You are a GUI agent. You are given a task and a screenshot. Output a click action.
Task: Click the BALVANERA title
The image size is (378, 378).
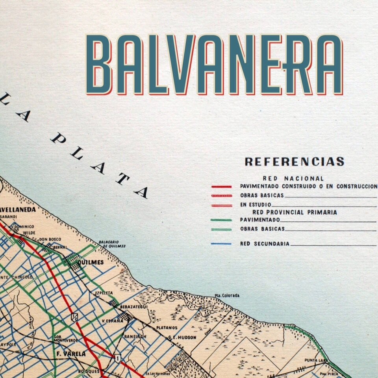point(215,65)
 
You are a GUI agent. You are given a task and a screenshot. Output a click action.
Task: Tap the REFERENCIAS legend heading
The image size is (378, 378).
point(295,161)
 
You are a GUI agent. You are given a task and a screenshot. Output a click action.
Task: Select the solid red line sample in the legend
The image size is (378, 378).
point(221,186)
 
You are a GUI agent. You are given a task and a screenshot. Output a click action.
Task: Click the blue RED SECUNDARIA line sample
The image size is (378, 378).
point(221,244)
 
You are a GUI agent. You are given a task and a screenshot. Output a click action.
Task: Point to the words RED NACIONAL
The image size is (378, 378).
point(293,178)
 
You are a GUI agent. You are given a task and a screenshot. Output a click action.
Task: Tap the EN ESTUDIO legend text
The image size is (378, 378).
point(256,205)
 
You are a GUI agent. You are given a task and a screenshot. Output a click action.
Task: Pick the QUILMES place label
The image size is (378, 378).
point(91,262)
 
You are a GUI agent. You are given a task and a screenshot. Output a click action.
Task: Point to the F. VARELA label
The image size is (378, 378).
point(71,354)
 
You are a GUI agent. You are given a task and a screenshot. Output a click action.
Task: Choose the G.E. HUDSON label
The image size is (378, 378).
point(182,337)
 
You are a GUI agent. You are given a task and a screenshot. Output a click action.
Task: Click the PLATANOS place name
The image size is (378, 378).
point(167,327)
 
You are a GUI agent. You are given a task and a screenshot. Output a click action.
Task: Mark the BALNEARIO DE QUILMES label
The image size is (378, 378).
point(114,244)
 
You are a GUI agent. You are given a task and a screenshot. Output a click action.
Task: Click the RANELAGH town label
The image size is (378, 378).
point(135,337)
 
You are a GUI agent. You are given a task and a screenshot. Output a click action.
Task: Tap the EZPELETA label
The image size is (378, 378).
point(104,293)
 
